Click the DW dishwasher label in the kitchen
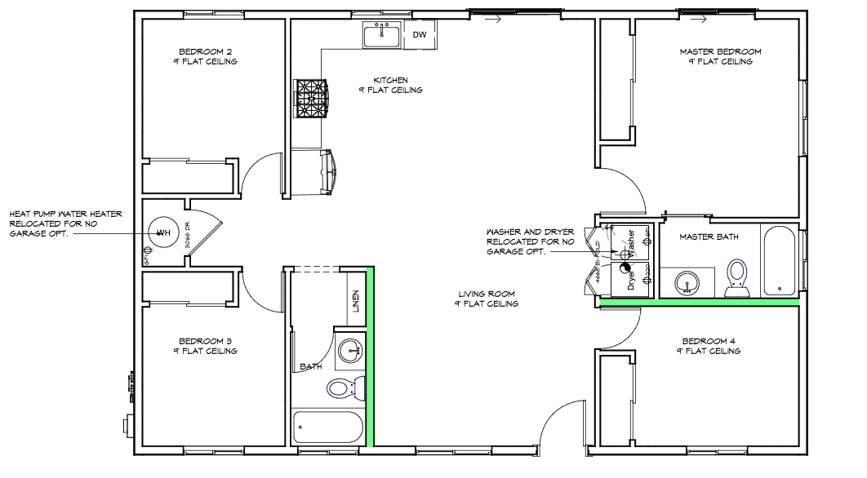pos(420,35)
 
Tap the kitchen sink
pos(382,36)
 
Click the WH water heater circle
pos(162,232)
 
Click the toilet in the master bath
pos(739,276)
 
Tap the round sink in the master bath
pos(688,283)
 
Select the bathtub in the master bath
pos(780,262)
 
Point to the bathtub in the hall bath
pos(327,427)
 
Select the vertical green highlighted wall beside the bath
pos(369,356)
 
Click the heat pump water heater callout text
pos(65,224)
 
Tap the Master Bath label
pos(709,237)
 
